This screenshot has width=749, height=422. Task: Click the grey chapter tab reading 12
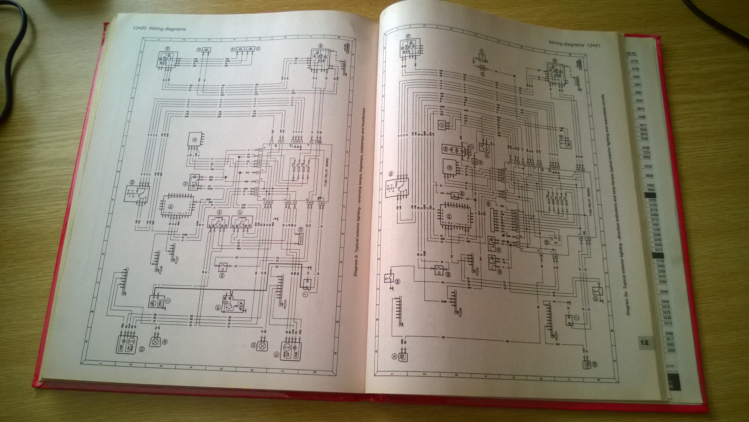(x=644, y=342)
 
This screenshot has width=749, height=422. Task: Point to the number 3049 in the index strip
(x=664, y=292)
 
